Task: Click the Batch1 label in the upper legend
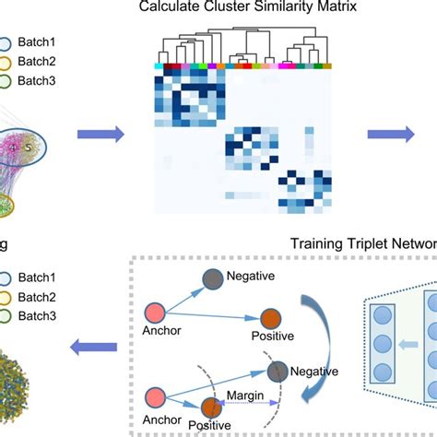click(x=42, y=42)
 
